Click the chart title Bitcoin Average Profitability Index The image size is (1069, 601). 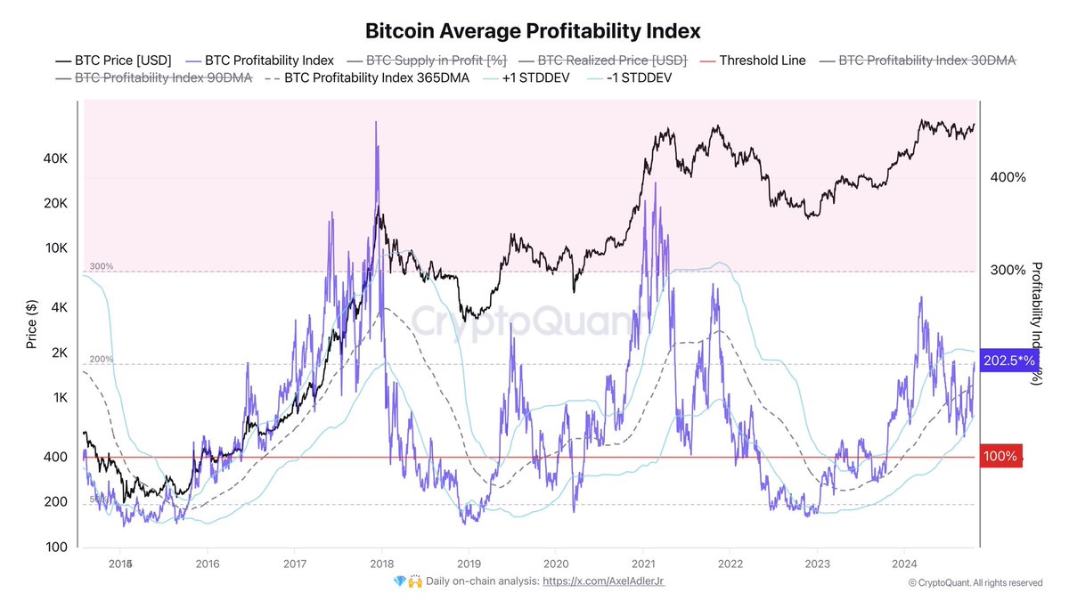pos(534,30)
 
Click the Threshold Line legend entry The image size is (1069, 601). pos(762,61)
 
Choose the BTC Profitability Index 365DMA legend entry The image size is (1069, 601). pos(367,77)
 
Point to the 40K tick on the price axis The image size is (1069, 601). pos(54,158)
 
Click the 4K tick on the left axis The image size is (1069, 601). pos(58,307)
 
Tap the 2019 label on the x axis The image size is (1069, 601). pos(469,564)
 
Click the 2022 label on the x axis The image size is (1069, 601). pos(730,564)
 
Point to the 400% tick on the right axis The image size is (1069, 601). pos(1008,177)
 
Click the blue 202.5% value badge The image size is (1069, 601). pos(1008,361)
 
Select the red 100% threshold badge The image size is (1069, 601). pos(1000,456)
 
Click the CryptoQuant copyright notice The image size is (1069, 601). pos(975,582)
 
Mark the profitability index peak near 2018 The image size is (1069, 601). pos(376,122)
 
